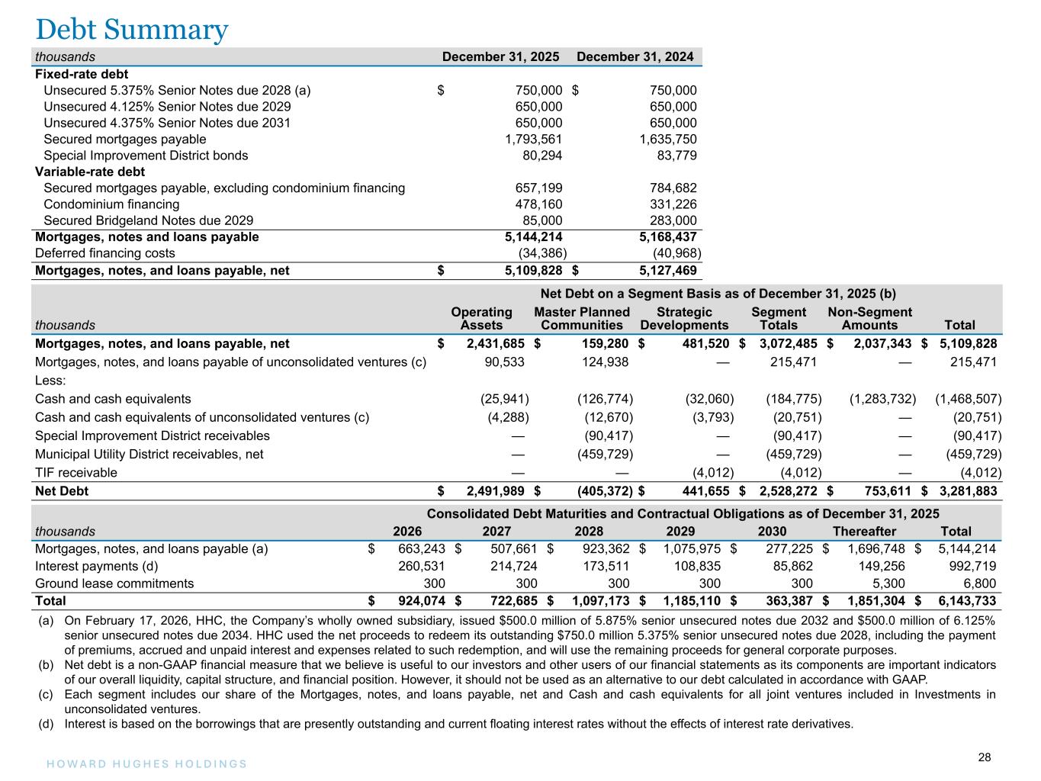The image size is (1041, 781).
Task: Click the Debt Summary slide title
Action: pos(132,29)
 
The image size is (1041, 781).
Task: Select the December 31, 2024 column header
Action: pos(635,57)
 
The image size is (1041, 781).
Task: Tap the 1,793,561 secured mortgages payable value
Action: pos(534,140)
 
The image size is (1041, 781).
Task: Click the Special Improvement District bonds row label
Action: pos(146,156)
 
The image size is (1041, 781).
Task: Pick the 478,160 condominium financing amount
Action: pos(539,204)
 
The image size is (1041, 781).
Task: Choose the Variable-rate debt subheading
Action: pos(90,172)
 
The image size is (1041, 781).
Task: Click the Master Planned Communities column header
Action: pos(582,319)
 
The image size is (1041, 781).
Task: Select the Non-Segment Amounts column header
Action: pos(869,319)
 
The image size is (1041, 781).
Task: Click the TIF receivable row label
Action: pos(76,473)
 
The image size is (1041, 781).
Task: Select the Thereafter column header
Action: pos(864,532)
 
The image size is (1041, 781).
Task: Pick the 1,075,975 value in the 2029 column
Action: pos(690,548)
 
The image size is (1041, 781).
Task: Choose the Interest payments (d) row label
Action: pos(96,566)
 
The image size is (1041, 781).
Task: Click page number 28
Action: pos(985,757)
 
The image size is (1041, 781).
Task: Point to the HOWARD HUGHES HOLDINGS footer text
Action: pos(142,764)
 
